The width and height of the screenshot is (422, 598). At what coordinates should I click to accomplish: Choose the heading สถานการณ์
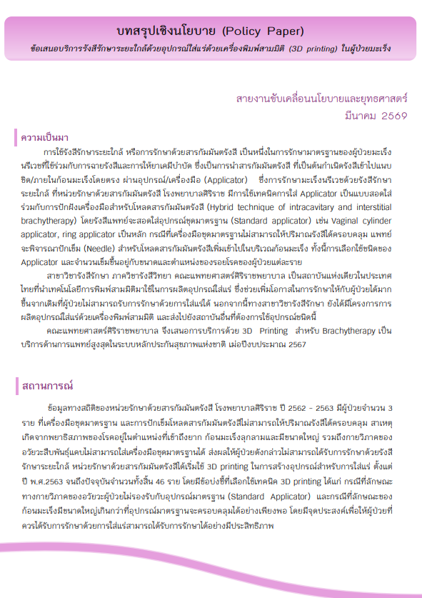48,385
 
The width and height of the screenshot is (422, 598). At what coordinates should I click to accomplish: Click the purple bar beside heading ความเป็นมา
16,136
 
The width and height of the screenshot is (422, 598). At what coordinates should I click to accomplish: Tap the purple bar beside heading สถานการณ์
16,385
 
